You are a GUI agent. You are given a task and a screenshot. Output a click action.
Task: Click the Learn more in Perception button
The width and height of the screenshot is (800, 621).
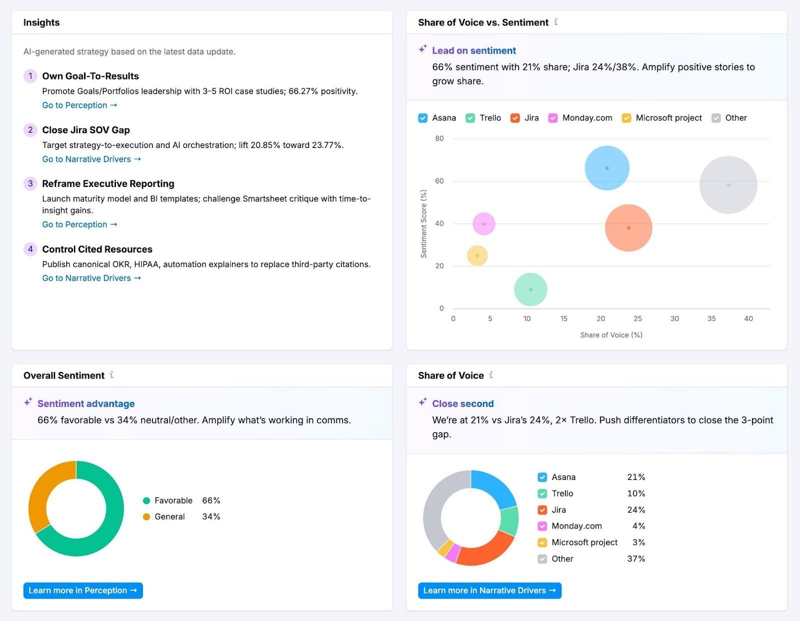pyautogui.click(x=83, y=590)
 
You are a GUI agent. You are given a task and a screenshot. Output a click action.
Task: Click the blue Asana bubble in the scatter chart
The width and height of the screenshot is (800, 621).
pyautogui.click(x=607, y=168)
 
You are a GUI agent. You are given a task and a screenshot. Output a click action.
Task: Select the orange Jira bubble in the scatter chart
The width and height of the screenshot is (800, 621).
pyautogui.click(x=628, y=228)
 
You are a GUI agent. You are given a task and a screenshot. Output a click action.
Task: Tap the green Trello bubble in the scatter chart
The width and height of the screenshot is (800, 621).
pyautogui.click(x=530, y=289)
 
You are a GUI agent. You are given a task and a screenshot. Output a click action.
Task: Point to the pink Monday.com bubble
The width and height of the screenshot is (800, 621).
pyautogui.click(x=483, y=224)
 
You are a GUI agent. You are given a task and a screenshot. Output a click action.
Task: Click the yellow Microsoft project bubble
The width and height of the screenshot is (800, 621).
pyautogui.click(x=477, y=255)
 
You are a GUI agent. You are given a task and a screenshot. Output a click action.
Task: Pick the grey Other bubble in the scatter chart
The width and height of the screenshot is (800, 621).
pyautogui.click(x=728, y=185)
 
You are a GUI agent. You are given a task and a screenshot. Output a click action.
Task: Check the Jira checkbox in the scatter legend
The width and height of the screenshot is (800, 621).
pyautogui.click(x=515, y=118)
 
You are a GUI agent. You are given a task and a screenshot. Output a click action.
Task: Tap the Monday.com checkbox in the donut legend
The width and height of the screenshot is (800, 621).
pyautogui.click(x=542, y=526)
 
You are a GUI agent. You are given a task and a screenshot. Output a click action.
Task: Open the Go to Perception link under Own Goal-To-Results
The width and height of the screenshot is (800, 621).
pyautogui.click(x=79, y=105)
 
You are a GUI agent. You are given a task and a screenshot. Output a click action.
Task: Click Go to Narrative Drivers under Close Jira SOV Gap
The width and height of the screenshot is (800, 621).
pyautogui.click(x=91, y=159)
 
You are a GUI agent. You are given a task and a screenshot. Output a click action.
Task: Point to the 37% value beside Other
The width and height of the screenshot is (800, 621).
pyautogui.click(x=636, y=558)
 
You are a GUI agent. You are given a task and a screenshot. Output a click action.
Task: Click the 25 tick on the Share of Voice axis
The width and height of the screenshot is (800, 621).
pyautogui.click(x=637, y=318)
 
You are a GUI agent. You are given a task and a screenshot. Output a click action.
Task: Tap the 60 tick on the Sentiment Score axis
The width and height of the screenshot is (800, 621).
pyautogui.click(x=439, y=181)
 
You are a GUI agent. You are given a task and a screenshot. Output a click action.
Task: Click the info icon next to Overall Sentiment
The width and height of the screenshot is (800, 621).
pyautogui.click(x=111, y=374)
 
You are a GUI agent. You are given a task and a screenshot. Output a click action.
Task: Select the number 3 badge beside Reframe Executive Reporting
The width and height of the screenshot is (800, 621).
pyautogui.click(x=30, y=183)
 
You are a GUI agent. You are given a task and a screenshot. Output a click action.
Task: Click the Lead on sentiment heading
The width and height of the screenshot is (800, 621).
pyautogui.click(x=473, y=50)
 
